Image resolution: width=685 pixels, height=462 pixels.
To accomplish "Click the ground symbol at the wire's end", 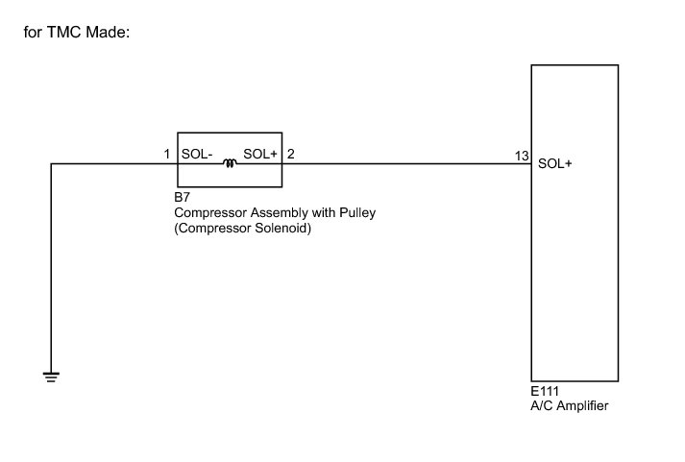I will coord(51,376).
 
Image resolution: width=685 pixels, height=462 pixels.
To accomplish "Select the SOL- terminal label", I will coord(197,154).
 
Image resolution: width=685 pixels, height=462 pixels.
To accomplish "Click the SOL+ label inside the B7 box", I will coord(260,154).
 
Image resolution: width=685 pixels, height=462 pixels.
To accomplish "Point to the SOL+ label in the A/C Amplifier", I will coord(555,163).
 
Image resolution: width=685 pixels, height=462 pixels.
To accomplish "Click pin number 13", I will coord(522,156).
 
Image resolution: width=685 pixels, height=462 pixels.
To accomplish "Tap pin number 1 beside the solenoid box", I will coord(167,154).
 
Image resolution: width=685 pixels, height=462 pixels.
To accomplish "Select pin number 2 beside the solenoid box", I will coord(291,154).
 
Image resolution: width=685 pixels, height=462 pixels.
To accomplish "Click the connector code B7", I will coord(183,199).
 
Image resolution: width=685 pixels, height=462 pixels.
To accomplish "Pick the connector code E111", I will coord(545,392).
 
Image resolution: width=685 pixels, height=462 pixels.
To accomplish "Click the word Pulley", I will coord(355,213).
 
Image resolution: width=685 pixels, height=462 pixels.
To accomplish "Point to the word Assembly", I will coord(278,213).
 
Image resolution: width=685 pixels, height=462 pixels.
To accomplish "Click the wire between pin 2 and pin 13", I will coord(404,163).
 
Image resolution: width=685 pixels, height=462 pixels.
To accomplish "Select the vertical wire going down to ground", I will coord(51,269).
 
